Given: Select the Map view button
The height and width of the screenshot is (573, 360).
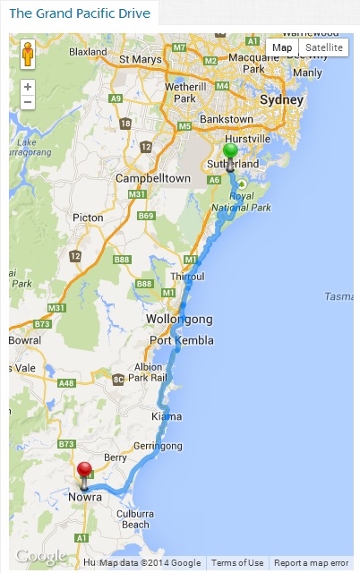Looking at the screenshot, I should (282, 47).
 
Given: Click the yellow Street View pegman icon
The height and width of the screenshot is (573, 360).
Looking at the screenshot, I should (28, 55).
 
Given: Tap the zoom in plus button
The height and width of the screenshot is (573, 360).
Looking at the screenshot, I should (28, 87).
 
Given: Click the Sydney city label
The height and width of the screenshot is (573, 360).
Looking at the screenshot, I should (276, 100).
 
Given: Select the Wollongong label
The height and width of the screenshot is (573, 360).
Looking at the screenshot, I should (180, 320).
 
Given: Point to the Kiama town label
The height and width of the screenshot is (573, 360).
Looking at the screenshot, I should (167, 416).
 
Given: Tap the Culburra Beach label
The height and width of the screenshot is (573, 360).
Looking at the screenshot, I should (136, 519).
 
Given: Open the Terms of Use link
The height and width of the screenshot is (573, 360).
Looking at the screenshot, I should (237, 563).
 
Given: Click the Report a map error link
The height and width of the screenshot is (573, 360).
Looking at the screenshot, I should (311, 563).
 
